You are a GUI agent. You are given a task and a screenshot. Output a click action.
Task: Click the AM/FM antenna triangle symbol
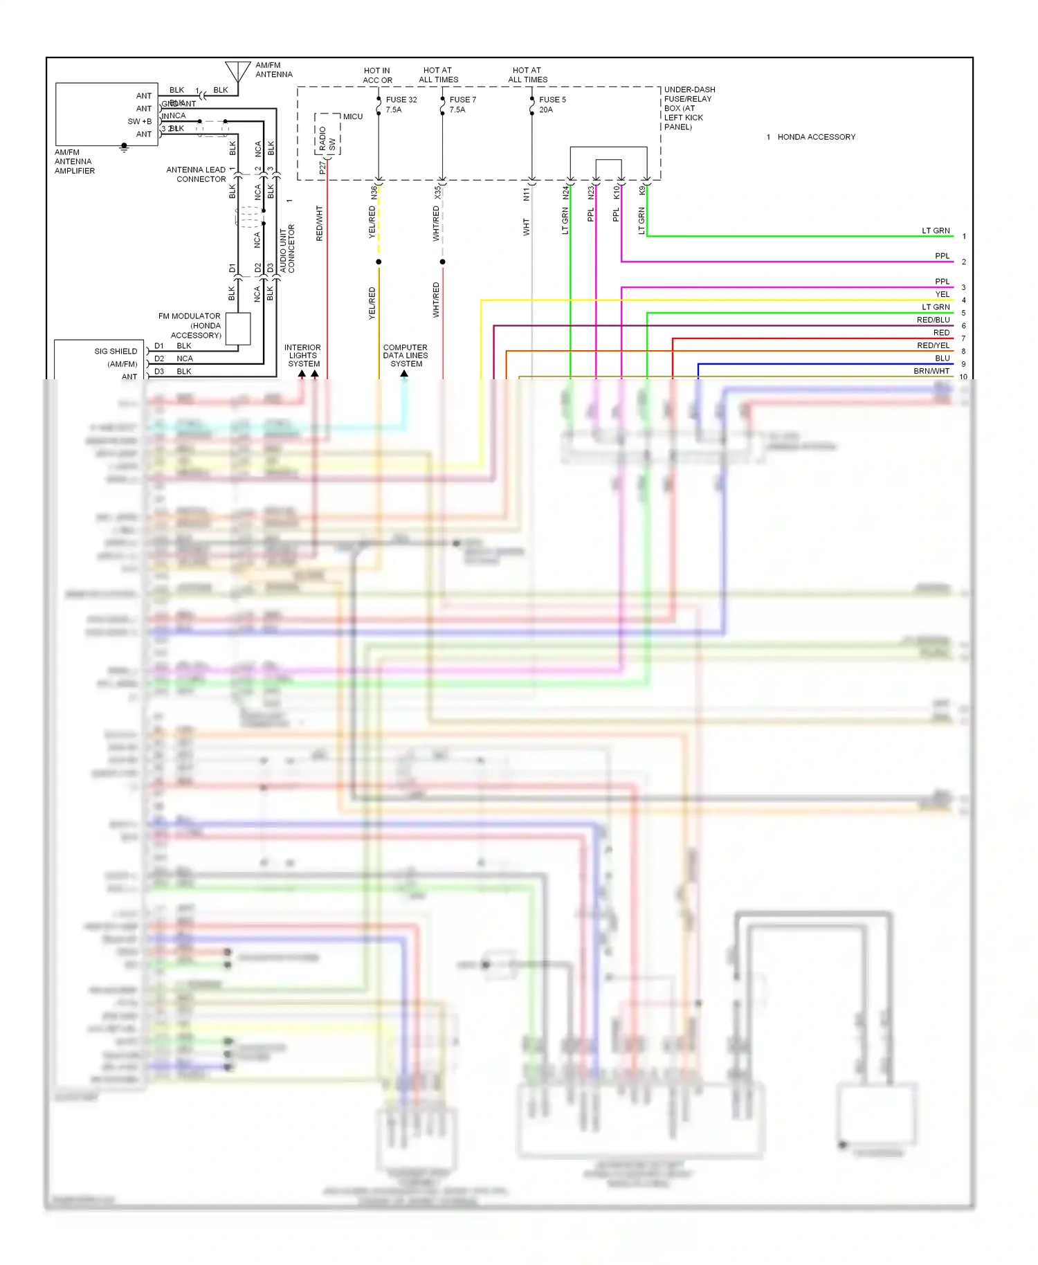click(x=237, y=71)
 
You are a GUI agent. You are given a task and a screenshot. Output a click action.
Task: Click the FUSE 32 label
click(x=401, y=100)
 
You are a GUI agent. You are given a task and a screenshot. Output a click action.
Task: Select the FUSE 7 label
click(x=462, y=100)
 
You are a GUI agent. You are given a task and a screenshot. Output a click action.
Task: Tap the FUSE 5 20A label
click(x=552, y=104)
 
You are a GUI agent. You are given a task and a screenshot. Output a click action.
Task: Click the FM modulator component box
click(x=237, y=329)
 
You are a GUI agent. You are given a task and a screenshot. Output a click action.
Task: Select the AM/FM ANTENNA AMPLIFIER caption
click(x=74, y=161)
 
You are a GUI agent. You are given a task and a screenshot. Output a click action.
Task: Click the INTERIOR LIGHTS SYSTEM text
click(x=303, y=355)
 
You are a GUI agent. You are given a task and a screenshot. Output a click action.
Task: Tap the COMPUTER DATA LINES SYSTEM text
click(x=406, y=355)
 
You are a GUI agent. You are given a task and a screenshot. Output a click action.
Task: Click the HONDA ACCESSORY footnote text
click(x=816, y=137)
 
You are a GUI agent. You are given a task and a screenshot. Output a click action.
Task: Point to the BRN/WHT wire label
click(x=931, y=371)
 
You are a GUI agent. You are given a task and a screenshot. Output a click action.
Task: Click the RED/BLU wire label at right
click(x=933, y=320)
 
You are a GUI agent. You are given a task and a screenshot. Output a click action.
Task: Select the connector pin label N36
click(x=374, y=192)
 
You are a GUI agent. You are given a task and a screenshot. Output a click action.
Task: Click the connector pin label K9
click(x=641, y=190)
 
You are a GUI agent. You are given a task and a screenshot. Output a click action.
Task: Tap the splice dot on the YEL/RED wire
click(x=379, y=262)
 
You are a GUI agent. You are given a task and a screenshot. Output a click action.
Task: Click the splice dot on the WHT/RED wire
click(x=442, y=262)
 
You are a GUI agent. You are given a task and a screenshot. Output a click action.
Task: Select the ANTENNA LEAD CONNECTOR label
click(x=197, y=174)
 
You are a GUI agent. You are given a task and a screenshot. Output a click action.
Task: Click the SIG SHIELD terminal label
click(x=116, y=351)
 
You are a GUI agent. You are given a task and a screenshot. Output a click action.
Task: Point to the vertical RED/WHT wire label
click(x=319, y=223)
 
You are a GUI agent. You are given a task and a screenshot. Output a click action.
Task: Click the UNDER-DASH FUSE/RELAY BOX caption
click(x=689, y=108)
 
